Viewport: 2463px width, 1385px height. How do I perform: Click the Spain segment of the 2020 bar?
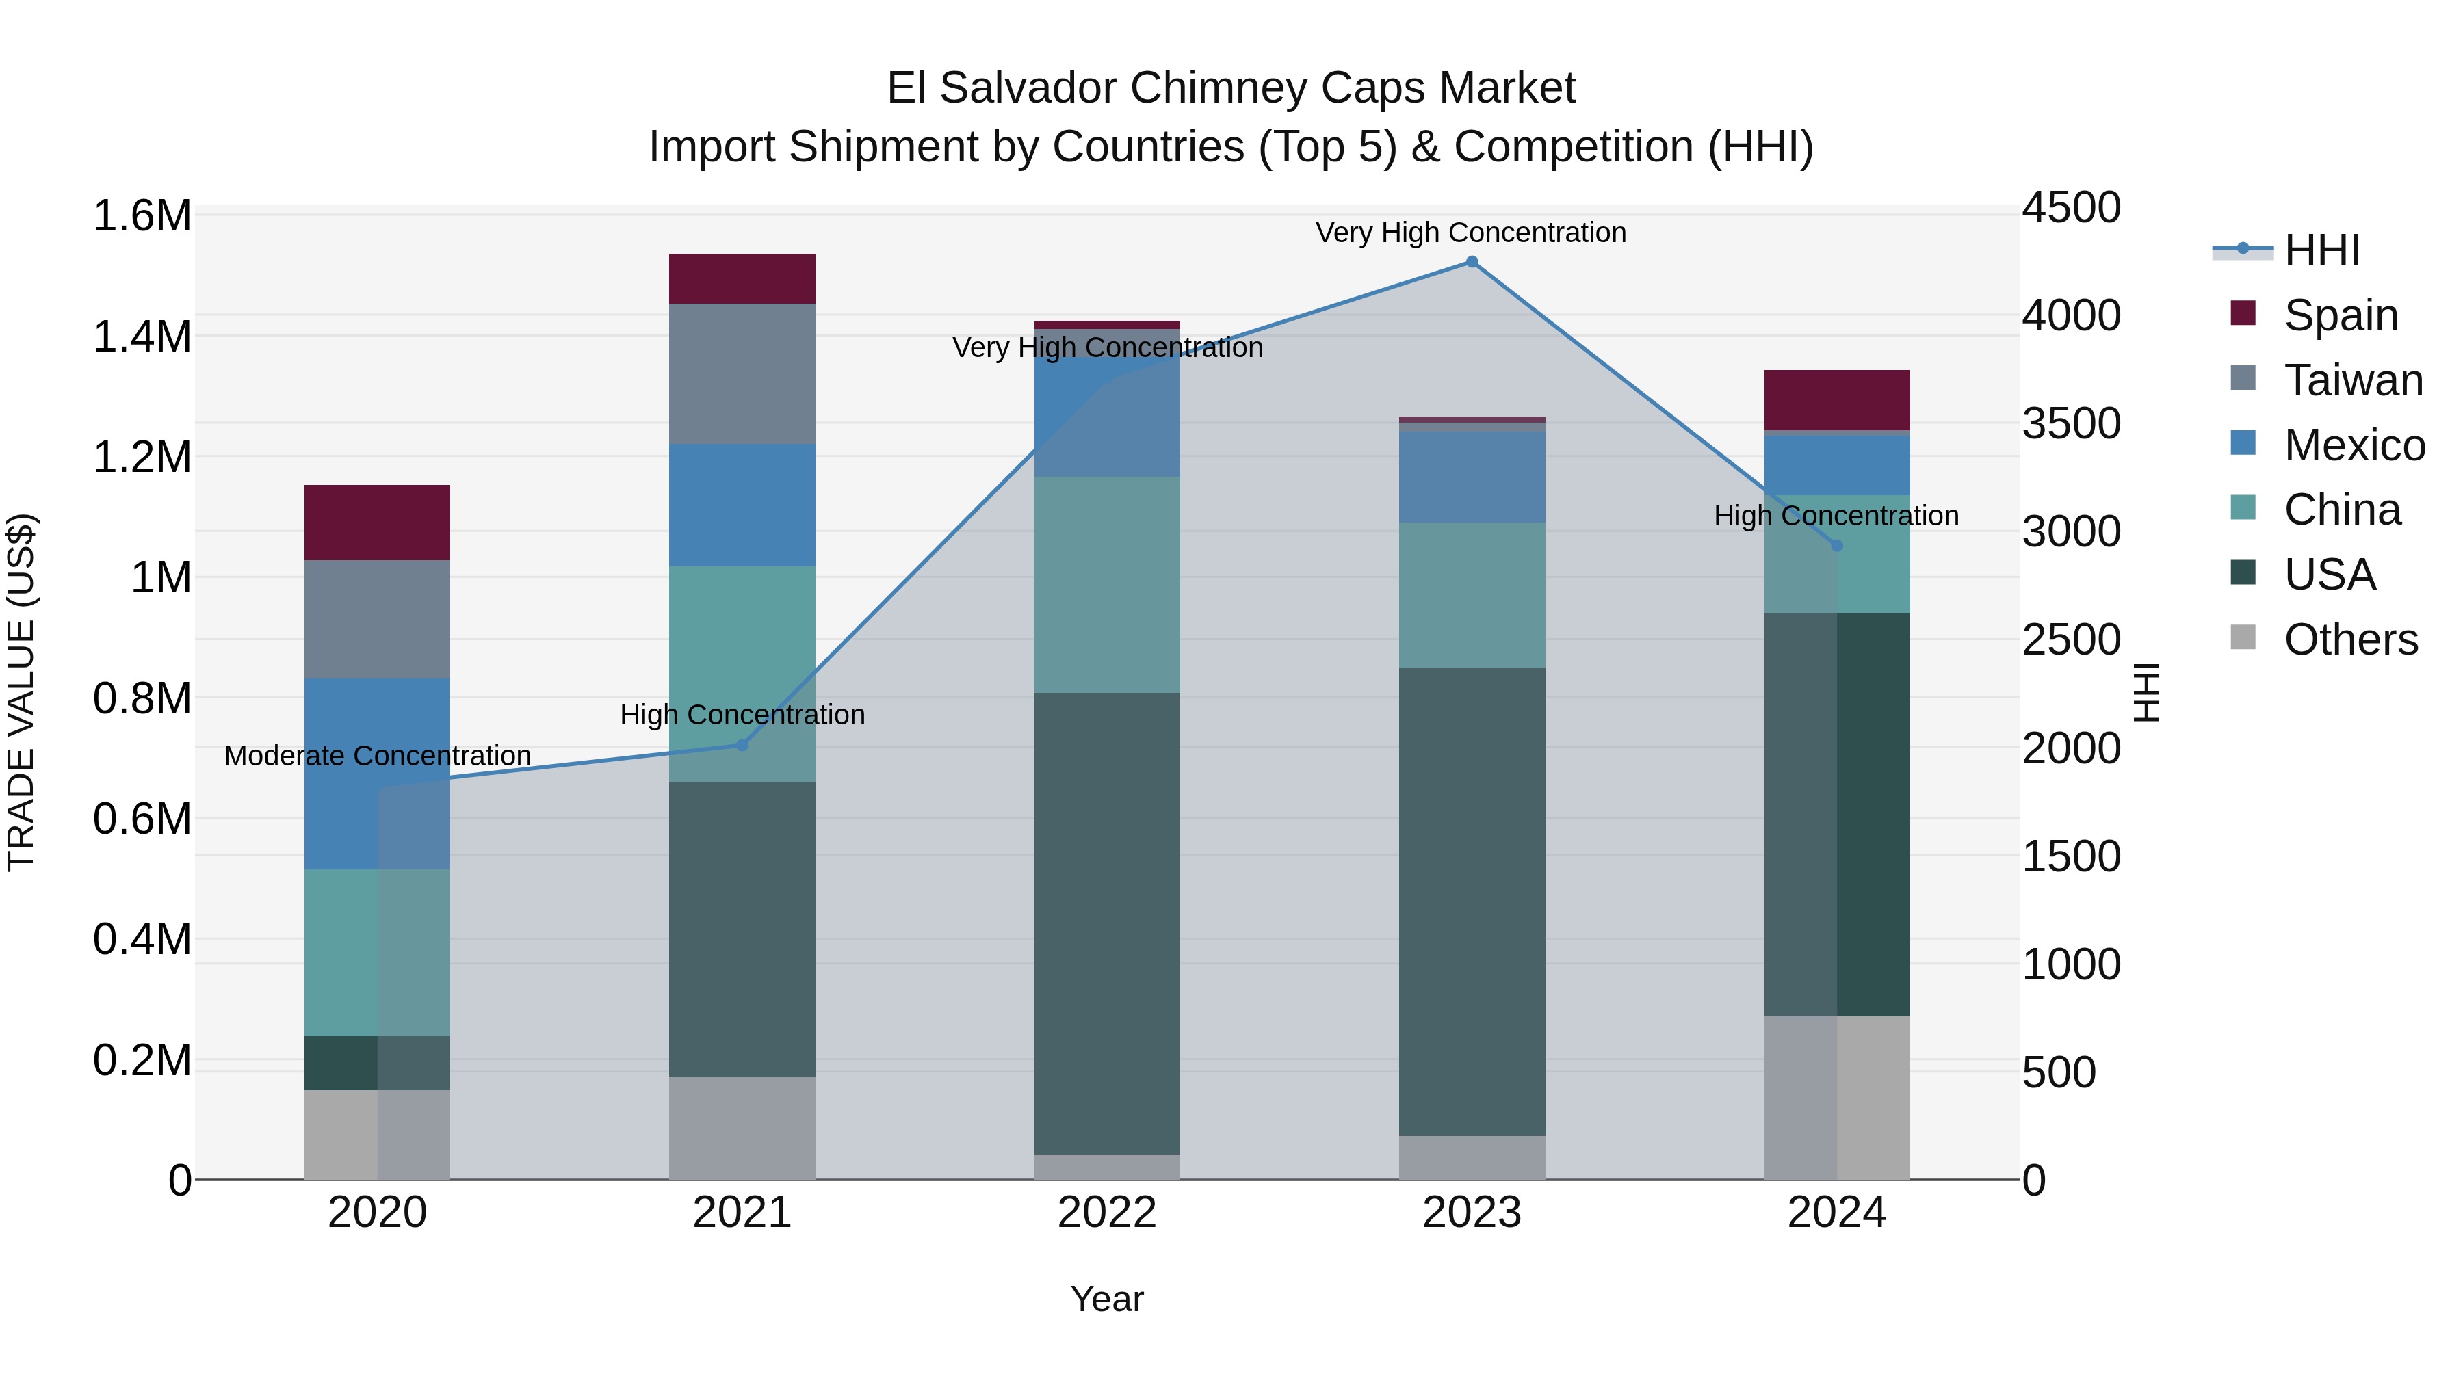click(x=377, y=522)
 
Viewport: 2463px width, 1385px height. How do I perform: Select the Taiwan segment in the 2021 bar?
click(x=742, y=373)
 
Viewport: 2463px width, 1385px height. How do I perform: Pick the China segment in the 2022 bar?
click(x=1107, y=584)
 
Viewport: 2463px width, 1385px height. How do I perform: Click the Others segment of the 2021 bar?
click(x=742, y=1128)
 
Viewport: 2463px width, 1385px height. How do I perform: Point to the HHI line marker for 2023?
click(x=1472, y=262)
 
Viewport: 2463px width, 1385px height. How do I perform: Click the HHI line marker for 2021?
click(x=742, y=745)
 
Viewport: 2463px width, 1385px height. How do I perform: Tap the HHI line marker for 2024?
click(x=1837, y=546)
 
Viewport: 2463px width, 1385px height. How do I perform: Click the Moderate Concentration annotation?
click(x=377, y=756)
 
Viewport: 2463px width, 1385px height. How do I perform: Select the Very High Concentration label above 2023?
click(x=1470, y=233)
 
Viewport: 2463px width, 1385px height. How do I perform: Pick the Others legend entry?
click(x=2350, y=639)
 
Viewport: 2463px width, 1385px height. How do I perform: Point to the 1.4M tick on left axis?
click(x=142, y=337)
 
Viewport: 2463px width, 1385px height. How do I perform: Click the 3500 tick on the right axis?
click(x=2071, y=423)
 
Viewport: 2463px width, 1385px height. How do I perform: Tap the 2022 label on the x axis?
click(x=1107, y=1213)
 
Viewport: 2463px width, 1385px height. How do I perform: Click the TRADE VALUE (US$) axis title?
click(x=21, y=692)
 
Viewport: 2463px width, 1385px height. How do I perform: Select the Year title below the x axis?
click(x=1107, y=1299)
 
